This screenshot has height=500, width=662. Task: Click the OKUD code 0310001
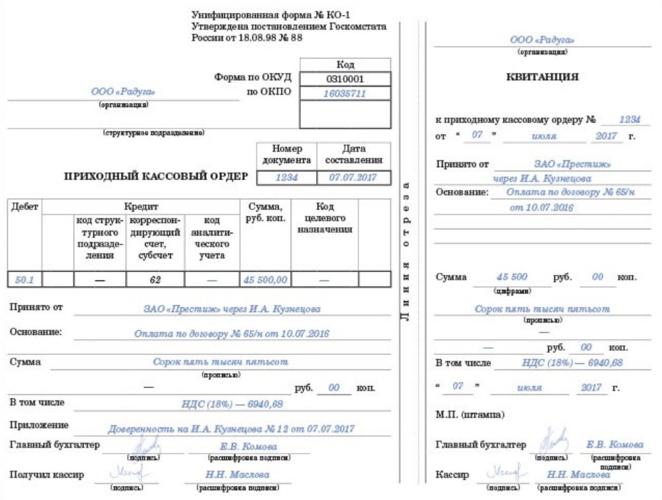click(x=344, y=79)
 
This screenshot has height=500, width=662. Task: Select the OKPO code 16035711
click(x=344, y=93)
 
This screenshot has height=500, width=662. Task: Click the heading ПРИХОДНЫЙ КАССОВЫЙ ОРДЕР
click(x=156, y=176)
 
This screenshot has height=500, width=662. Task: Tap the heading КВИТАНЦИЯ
click(x=542, y=77)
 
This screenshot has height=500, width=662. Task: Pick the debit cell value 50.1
click(x=24, y=280)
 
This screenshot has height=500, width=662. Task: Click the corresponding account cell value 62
click(x=155, y=280)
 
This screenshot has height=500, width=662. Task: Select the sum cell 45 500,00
click(x=265, y=280)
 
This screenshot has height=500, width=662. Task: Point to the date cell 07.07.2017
click(x=353, y=177)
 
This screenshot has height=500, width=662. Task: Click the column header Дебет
click(x=24, y=206)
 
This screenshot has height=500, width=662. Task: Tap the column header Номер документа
click(x=287, y=155)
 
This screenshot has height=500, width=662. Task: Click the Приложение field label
click(x=39, y=425)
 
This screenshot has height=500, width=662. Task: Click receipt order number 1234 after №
click(x=629, y=119)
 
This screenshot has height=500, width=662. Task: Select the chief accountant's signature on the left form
click(x=149, y=445)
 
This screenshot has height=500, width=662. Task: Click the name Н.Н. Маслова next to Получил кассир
click(x=237, y=474)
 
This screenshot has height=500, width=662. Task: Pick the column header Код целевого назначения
click(x=324, y=218)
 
